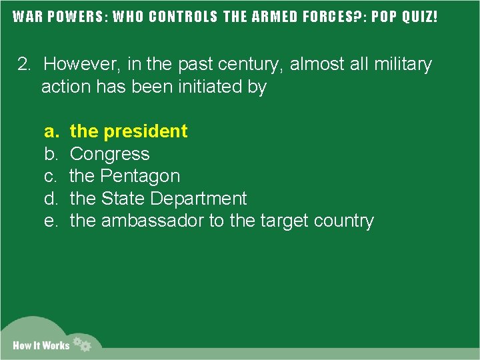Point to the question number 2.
click(x=24, y=65)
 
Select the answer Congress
click(x=109, y=154)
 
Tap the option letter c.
click(x=50, y=176)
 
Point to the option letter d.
click(x=50, y=199)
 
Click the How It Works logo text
click(x=41, y=345)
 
